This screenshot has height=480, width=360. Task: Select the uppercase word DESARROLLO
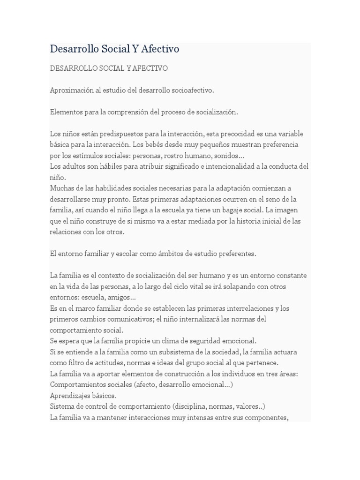74,68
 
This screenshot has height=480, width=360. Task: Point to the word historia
240,221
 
